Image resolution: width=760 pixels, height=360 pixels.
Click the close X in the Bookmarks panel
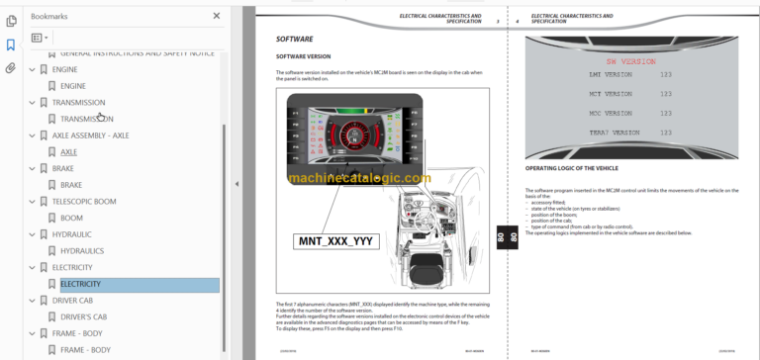(x=217, y=16)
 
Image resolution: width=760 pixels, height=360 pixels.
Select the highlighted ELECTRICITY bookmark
(x=80, y=284)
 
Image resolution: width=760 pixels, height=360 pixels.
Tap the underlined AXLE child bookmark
(x=68, y=152)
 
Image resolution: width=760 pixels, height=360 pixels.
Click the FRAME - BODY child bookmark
(x=85, y=349)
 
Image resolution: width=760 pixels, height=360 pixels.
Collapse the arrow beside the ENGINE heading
(x=31, y=70)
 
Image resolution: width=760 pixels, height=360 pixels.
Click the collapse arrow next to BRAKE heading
(x=31, y=168)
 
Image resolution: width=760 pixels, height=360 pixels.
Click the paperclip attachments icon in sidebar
(x=11, y=68)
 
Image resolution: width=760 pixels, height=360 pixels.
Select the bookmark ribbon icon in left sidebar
(x=11, y=45)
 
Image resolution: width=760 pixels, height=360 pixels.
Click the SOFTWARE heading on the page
(x=294, y=39)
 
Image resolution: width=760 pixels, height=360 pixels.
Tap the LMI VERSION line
(x=582, y=75)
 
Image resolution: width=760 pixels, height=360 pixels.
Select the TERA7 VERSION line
(x=585, y=132)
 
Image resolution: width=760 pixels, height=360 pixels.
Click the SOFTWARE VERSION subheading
(x=303, y=57)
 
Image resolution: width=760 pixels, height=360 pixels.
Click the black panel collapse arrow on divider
(x=236, y=184)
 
